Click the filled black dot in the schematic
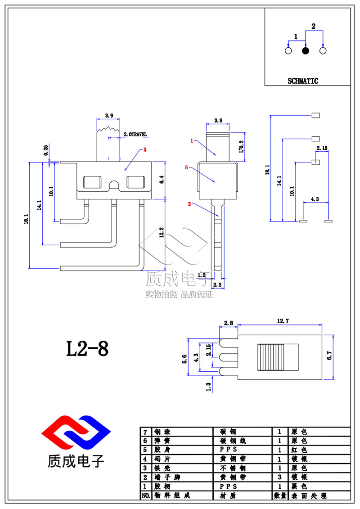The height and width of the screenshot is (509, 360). tap(306, 51)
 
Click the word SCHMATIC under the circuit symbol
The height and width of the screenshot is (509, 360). tap(303, 81)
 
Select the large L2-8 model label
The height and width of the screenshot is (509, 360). tap(87, 349)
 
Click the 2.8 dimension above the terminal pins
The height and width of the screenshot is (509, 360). tap(228, 323)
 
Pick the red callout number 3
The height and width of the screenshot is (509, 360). tap(145, 150)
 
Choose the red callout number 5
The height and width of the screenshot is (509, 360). tap(186, 167)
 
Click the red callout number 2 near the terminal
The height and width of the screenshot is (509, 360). tap(189, 204)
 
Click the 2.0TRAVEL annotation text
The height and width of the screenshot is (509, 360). tap(135, 135)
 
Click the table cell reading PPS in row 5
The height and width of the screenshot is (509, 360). tap(228, 450)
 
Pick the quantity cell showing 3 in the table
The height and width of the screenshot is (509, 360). tap(279, 477)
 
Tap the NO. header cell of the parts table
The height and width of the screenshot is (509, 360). tap(146, 495)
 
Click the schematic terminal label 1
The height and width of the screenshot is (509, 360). tap(296, 36)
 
